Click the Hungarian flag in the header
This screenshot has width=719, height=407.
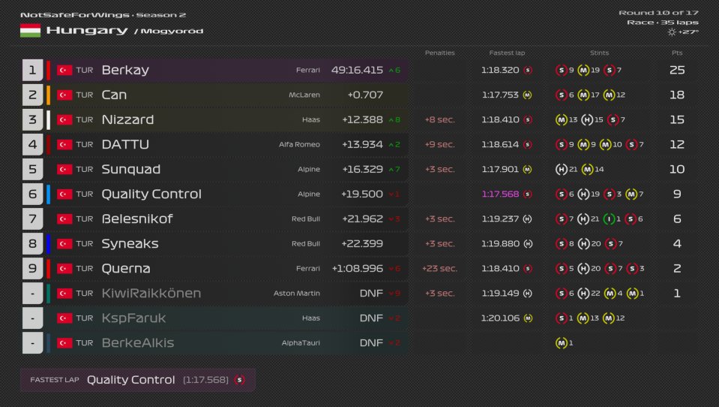click(30, 31)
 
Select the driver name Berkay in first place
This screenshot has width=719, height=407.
click(125, 71)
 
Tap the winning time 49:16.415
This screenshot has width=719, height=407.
click(357, 71)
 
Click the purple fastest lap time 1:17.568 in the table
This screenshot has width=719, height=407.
click(499, 194)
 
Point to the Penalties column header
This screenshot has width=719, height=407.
click(439, 53)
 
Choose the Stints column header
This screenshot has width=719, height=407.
click(599, 53)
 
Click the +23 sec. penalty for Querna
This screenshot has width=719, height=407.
click(439, 269)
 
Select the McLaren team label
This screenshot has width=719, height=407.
click(304, 95)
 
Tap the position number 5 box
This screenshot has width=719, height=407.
click(32, 170)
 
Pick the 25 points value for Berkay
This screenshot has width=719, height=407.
click(676, 71)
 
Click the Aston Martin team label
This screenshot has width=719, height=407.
click(297, 294)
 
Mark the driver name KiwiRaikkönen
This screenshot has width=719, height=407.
click(151, 294)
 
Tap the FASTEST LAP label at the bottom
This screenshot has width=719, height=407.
click(55, 380)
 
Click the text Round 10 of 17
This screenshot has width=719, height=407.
click(658, 13)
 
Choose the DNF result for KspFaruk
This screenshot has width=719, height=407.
click(371, 318)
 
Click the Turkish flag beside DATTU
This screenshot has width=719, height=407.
click(64, 145)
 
